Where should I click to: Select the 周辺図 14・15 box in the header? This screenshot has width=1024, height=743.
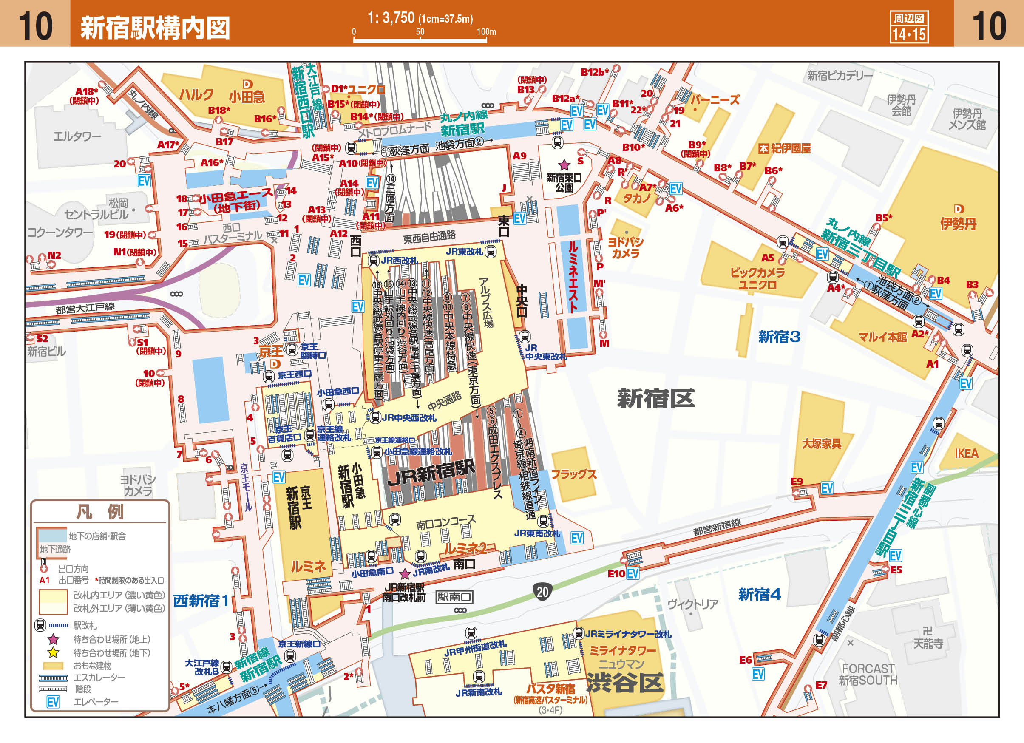[908, 27]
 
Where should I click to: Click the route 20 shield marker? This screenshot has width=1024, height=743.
[542, 591]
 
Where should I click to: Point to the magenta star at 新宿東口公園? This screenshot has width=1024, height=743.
[564, 165]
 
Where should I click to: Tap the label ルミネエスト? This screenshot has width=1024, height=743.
[573, 277]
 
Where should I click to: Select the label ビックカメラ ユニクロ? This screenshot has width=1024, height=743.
[757, 278]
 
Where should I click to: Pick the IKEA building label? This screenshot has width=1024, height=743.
[966, 453]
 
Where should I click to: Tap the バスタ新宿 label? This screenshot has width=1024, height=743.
[550, 689]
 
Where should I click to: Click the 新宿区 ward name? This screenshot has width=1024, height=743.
[655, 399]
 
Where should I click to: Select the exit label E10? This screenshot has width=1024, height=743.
[616, 574]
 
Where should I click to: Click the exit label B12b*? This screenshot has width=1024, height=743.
[594, 72]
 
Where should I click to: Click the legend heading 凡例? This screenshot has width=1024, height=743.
[99, 511]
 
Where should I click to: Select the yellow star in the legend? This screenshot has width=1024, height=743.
[53, 653]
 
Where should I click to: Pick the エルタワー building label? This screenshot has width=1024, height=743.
[77, 136]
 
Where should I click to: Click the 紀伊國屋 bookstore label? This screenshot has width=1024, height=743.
[790, 148]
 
